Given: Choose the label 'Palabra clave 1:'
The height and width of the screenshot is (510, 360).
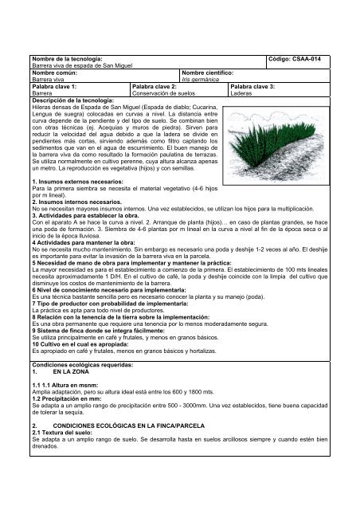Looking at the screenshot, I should (x=53, y=86).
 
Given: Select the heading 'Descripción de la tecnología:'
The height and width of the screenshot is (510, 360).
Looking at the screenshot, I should (x=76, y=99).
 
